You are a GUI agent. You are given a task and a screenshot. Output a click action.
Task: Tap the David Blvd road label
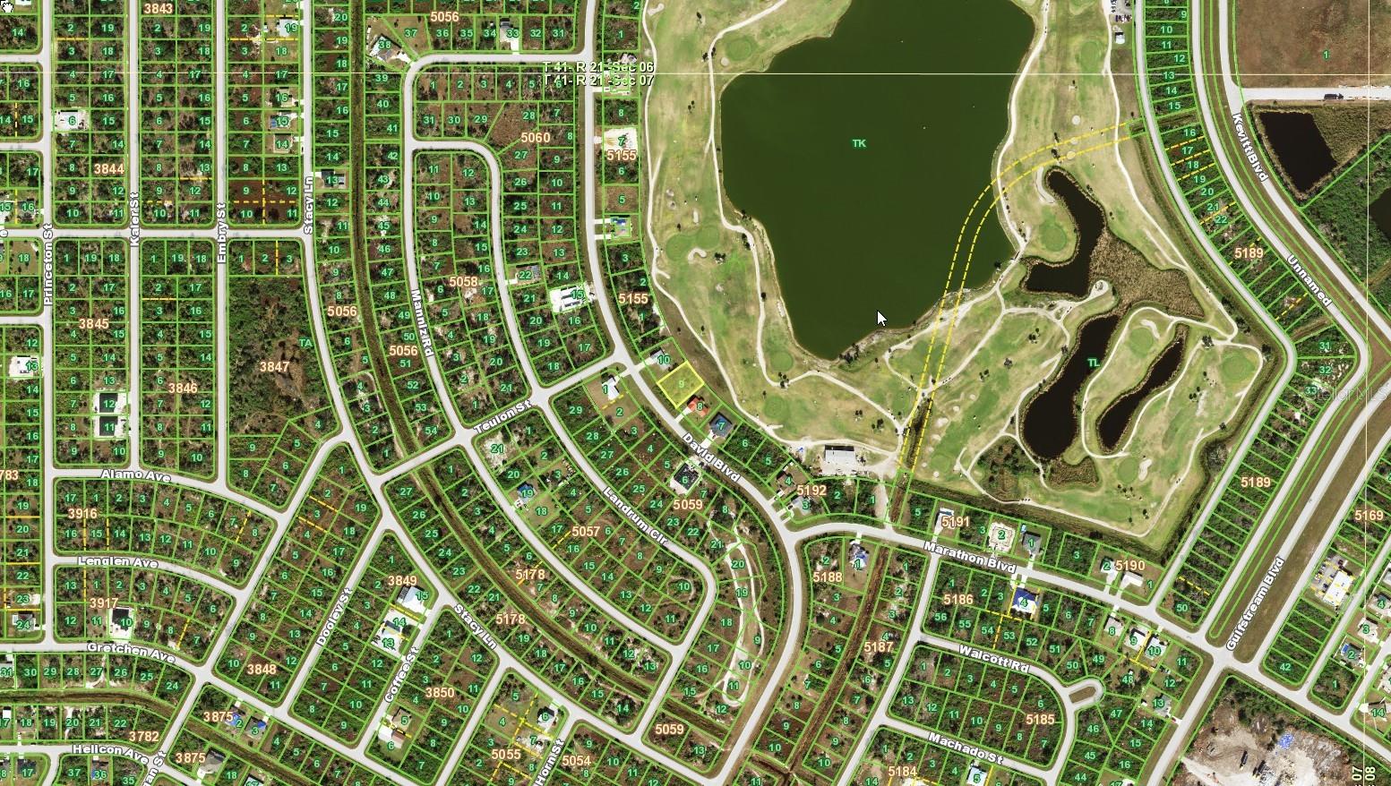point(709,458)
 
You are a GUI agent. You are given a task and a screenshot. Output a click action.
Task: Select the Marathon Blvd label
point(970,557)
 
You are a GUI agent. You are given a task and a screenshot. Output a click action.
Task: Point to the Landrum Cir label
point(635,517)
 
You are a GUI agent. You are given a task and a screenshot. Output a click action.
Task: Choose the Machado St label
point(964,748)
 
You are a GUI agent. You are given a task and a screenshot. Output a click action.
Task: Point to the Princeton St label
point(48,270)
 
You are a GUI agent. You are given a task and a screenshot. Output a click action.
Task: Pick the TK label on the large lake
point(859,143)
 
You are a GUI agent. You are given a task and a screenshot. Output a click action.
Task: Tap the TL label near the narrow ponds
point(1093,363)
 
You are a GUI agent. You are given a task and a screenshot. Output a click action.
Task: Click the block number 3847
point(274,366)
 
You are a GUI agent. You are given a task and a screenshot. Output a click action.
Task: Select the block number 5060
point(535,137)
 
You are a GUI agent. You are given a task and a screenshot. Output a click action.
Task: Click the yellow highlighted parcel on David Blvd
point(681,383)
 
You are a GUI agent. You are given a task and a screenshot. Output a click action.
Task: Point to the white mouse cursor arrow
point(880,317)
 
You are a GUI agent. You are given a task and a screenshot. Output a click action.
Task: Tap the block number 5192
point(811,490)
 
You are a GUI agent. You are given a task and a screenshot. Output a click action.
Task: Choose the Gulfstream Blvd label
point(1254,602)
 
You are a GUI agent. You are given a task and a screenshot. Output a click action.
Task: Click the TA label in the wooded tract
point(305,342)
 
